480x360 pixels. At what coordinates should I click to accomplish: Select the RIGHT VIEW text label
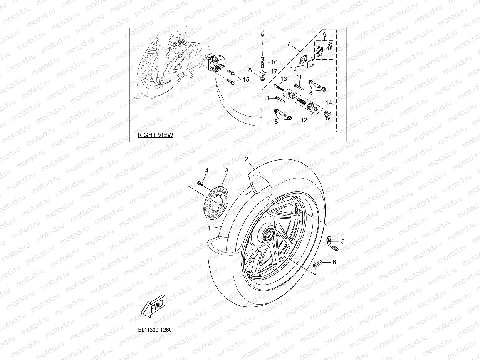click(x=155, y=135)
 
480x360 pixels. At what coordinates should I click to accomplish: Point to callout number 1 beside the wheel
click(x=208, y=228)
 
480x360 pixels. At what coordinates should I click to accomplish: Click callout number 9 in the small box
click(x=324, y=35)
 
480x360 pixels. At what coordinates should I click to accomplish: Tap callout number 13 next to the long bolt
click(x=284, y=79)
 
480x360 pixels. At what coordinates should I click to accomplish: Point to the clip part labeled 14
click(x=328, y=115)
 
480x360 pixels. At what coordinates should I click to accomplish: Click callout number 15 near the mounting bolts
click(x=246, y=79)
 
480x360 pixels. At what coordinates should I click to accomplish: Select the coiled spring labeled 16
click(x=262, y=62)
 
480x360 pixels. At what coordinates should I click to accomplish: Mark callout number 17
click(x=274, y=71)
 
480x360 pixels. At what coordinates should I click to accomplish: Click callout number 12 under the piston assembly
click(x=304, y=120)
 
